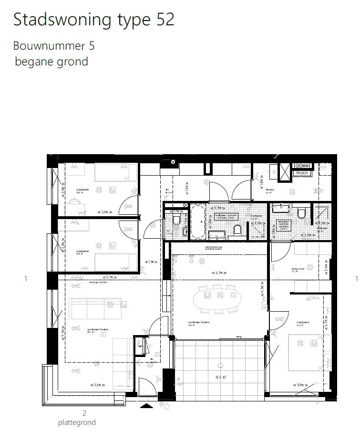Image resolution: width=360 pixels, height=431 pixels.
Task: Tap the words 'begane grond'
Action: tap(51, 61)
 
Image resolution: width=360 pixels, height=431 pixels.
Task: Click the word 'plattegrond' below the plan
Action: tap(77, 422)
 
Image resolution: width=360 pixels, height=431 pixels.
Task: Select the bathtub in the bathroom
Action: tap(198, 221)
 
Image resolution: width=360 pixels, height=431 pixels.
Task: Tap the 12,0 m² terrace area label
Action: tap(220, 377)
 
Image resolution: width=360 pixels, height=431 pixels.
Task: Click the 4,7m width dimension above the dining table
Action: tap(218, 273)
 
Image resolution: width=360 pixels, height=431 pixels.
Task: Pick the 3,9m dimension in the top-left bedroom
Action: tap(104, 212)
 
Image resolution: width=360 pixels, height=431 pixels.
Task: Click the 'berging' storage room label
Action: tap(269, 189)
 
